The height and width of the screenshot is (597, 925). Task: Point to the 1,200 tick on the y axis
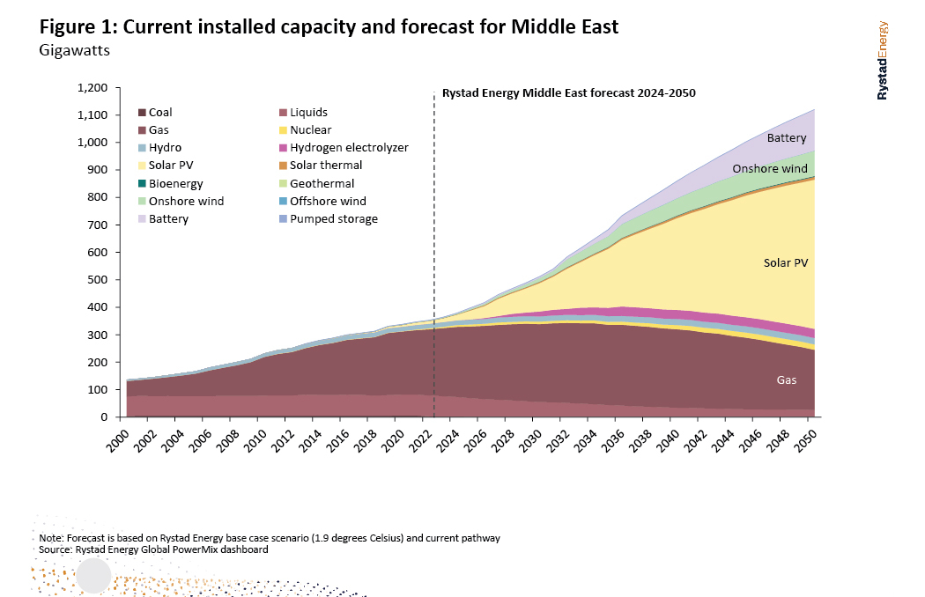93,88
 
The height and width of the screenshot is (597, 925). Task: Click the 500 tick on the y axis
100,280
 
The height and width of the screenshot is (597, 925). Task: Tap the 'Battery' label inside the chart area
787,138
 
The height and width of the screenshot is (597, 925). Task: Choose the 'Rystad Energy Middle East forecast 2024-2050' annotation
568,92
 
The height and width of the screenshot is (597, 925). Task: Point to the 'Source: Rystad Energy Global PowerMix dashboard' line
153,549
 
